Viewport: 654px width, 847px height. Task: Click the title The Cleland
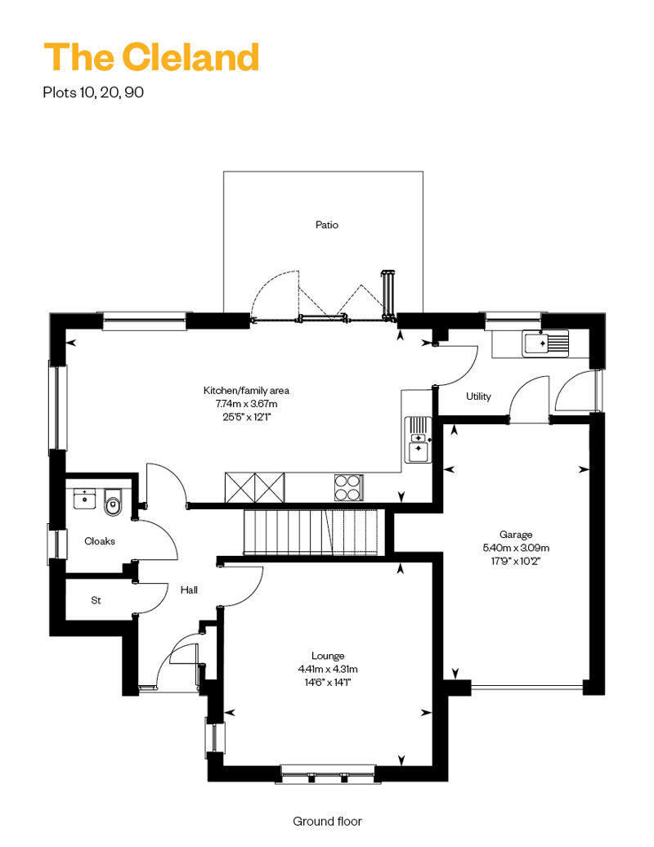151,57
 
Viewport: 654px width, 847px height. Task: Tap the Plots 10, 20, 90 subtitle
93,92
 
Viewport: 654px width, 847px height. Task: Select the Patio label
327,224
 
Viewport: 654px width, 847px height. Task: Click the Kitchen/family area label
246,391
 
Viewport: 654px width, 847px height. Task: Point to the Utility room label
478,397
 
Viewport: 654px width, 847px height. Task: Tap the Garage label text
517,535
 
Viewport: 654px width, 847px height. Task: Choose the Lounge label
327,656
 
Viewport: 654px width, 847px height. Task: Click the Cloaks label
100,540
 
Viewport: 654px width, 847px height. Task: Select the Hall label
189,589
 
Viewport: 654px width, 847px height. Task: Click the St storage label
96,600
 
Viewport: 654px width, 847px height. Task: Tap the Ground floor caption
327,821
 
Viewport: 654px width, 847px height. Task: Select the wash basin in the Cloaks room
84,498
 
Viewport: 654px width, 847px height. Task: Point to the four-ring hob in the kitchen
348,487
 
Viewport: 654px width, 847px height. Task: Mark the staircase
313,531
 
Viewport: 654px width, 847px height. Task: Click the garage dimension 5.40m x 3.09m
517,548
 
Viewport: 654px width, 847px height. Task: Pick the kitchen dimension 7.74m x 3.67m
246,404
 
